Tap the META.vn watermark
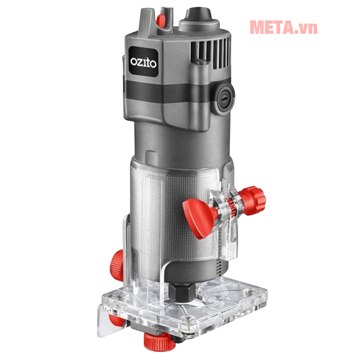(283, 27)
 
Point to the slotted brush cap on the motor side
(224, 98)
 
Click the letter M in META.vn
(259, 27)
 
